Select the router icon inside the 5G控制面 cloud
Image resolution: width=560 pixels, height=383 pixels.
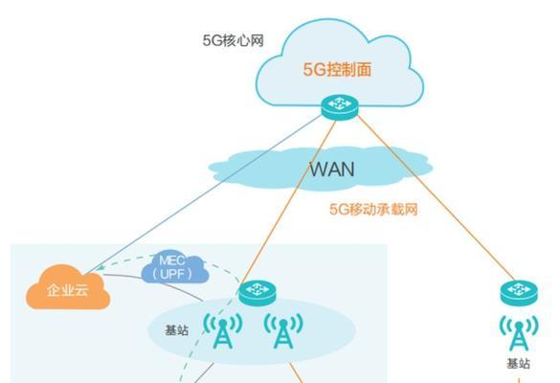coord(339,105)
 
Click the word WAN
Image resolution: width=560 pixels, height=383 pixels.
coord(331,169)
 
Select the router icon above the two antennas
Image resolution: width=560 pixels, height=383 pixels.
coord(257,292)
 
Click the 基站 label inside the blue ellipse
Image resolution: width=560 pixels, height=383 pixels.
coord(178,328)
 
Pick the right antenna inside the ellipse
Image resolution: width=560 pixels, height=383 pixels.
coord(281,331)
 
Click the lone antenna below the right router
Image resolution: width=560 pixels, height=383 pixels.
coord(519,332)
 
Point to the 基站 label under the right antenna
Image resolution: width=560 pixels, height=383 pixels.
coord(519,365)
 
